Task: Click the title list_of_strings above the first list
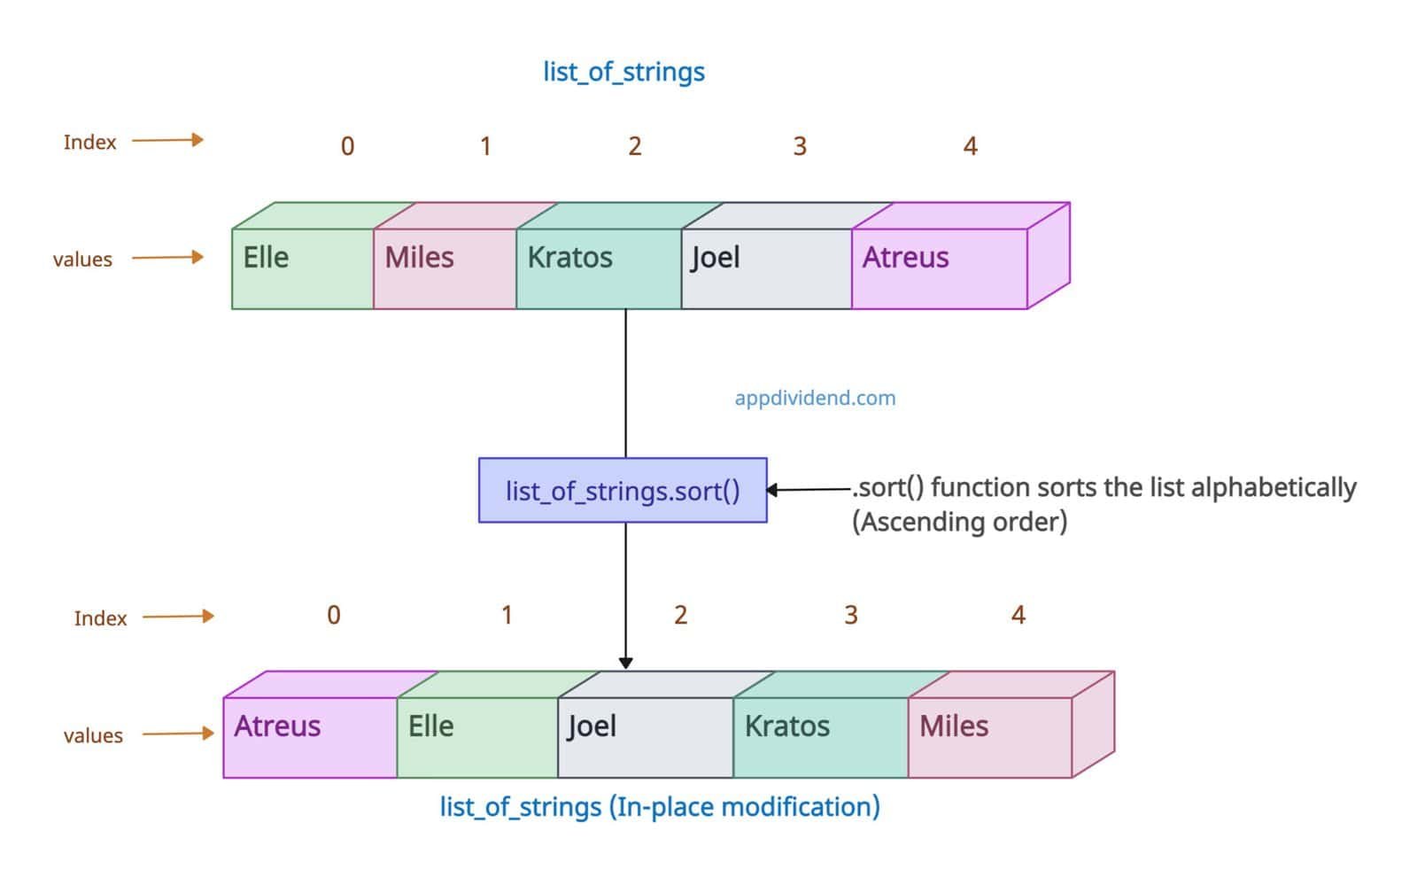click(623, 72)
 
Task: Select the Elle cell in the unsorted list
click(302, 268)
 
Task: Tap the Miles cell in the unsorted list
click(445, 268)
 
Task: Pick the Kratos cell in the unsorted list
click(599, 268)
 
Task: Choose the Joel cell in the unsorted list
click(766, 268)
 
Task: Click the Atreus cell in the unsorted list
click(939, 268)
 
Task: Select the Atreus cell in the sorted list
click(310, 736)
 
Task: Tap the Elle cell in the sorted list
click(476, 736)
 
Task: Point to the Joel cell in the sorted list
click(645, 736)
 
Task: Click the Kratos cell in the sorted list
click(820, 736)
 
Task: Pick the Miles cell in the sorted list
click(989, 736)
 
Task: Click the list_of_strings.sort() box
click(623, 490)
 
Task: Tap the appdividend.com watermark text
click(815, 398)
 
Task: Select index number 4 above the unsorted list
click(970, 146)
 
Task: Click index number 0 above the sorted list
click(334, 615)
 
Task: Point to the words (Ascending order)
click(959, 522)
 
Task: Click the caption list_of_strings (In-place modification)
click(660, 807)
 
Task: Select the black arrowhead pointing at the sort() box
click(772, 490)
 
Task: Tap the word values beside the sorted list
click(93, 735)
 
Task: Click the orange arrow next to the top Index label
click(168, 140)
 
